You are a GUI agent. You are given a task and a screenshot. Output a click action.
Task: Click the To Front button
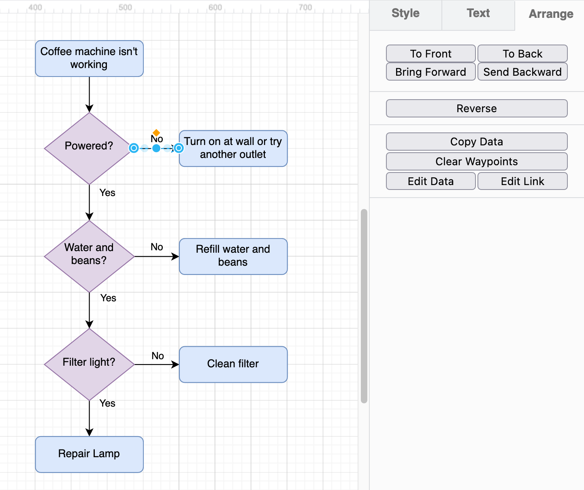click(431, 53)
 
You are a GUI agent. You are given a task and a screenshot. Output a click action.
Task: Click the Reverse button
click(477, 109)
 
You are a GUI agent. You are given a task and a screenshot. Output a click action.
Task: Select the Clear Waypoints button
click(477, 162)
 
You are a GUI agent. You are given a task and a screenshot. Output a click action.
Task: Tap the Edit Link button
click(522, 181)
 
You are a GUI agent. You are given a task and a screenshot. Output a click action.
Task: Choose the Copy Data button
click(477, 142)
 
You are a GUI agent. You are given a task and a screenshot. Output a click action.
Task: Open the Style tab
click(405, 14)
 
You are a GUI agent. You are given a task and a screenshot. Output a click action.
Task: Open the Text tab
click(478, 14)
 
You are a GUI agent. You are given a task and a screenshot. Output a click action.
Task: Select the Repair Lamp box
click(89, 454)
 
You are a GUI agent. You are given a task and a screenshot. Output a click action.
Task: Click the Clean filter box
click(233, 364)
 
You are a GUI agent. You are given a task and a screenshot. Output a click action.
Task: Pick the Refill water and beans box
click(233, 256)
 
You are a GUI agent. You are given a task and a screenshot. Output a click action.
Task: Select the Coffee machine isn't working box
click(89, 58)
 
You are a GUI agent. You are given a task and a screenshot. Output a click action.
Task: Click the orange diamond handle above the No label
click(156, 132)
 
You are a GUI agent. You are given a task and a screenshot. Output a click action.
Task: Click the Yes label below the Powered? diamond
click(107, 193)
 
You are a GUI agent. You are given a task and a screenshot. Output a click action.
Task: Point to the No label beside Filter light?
click(158, 356)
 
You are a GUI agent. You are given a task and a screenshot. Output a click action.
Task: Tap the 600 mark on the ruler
click(215, 7)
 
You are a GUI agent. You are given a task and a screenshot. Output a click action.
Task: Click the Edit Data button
click(431, 181)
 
